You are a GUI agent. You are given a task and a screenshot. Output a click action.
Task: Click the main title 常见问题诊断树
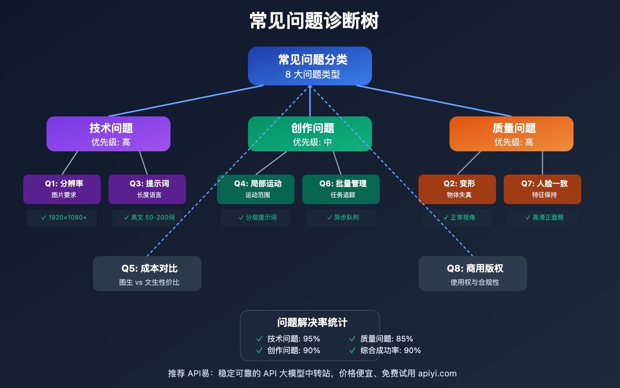tap(314, 21)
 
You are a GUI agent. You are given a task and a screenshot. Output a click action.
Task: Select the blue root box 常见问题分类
tap(310, 66)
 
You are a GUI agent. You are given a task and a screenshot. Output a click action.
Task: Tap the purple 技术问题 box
tap(108, 134)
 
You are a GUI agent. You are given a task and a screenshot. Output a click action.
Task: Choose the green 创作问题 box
tap(310, 134)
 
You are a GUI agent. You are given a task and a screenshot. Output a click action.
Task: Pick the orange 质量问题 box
tap(511, 134)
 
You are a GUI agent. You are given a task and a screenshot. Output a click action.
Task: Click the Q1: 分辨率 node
tap(62, 189)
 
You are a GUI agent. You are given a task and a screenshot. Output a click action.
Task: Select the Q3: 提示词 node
tap(147, 189)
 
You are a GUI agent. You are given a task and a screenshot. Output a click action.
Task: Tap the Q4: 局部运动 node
tap(256, 189)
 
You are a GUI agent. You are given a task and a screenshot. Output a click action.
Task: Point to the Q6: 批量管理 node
tap(341, 189)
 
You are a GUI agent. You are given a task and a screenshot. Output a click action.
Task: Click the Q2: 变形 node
tap(457, 189)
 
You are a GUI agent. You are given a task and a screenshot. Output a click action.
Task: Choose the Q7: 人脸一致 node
tap(542, 189)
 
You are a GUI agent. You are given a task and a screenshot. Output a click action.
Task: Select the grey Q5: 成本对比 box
tap(147, 274)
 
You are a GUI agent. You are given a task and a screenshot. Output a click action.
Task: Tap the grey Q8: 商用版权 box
tap(473, 274)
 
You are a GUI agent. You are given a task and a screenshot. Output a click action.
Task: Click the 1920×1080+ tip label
tap(64, 218)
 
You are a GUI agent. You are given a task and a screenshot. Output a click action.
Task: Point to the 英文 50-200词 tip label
tap(149, 218)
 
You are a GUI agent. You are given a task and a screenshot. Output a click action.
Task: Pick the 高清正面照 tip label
tap(544, 218)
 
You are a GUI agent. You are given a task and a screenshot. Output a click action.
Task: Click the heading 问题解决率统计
tap(312, 322)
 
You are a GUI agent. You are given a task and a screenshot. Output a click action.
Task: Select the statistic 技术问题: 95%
tap(293, 339)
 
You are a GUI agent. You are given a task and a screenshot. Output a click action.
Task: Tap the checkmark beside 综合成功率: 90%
tap(352, 350)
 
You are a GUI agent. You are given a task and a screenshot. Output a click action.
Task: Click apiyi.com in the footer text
tap(437, 373)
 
